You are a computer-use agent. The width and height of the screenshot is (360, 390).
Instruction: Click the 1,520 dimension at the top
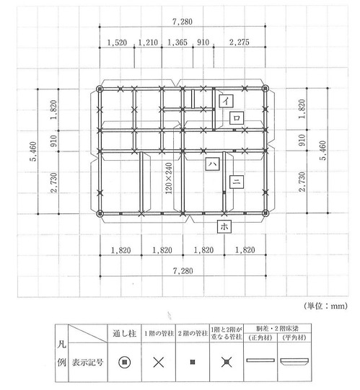116,43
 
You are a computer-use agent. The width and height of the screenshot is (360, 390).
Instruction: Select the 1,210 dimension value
147,43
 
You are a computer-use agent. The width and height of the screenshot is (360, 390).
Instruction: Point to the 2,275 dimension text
240,43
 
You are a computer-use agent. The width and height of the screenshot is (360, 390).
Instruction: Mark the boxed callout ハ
214,164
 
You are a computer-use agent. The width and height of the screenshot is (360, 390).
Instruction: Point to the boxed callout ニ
235,182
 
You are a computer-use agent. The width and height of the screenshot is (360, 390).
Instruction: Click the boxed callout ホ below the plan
224,226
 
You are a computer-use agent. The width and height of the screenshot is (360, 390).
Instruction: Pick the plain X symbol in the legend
159,361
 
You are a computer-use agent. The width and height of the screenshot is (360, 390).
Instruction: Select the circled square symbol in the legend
125,361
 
